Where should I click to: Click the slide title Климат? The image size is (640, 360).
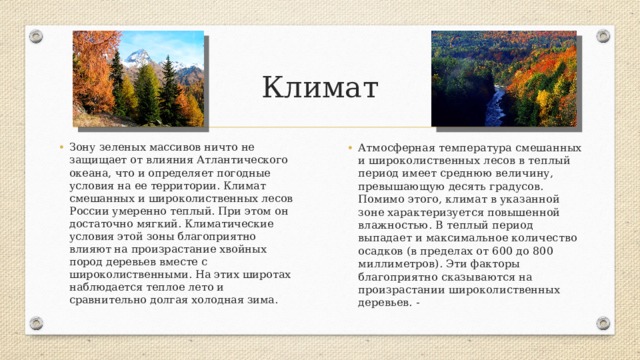[319, 88]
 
